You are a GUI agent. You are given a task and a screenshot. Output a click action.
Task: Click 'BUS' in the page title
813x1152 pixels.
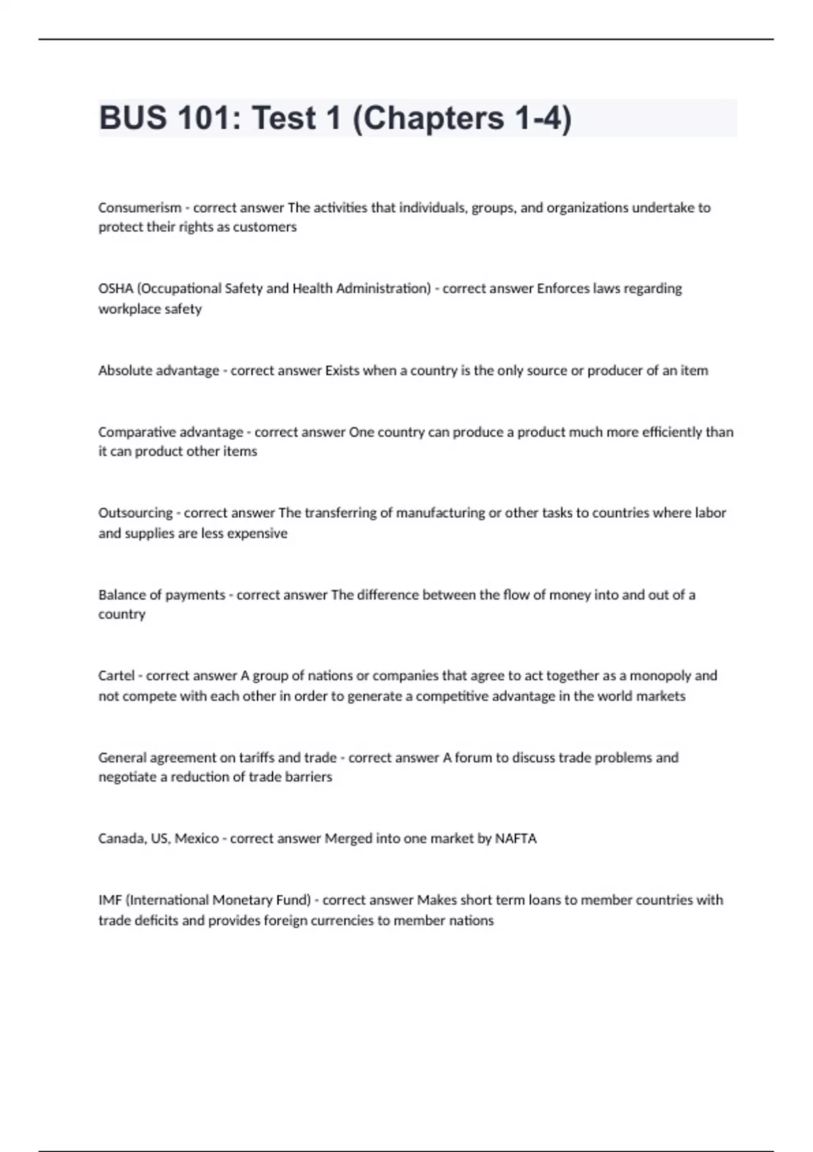(133, 119)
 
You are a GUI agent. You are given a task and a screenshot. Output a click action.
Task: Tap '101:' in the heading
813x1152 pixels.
(209, 119)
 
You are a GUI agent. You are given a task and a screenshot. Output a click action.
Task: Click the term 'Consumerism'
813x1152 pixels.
(140, 208)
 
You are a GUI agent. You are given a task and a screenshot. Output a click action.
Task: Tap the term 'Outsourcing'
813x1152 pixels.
(135, 513)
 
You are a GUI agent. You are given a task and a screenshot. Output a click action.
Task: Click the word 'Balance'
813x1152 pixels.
(121, 595)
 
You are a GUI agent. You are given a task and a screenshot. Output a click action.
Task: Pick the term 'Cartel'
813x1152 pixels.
(116, 676)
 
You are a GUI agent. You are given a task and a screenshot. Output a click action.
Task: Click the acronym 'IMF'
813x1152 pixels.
(110, 901)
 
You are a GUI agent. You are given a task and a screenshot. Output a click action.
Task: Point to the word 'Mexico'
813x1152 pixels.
(196, 839)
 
